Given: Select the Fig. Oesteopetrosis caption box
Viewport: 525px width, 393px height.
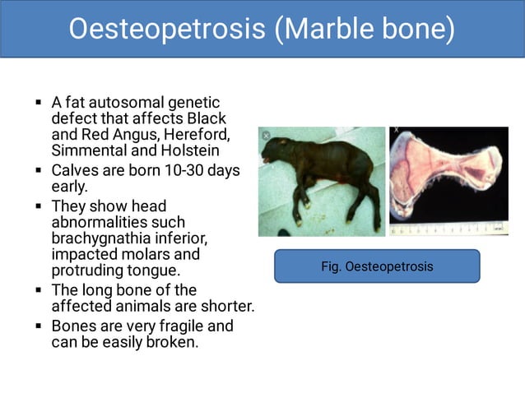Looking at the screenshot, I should [376, 266].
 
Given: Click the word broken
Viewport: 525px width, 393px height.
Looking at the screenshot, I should [170, 342].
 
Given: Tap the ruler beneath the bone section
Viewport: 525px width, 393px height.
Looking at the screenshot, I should [448, 229].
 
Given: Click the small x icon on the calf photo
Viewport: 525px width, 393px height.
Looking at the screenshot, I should [265, 135].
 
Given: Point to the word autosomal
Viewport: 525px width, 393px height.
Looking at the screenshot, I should [126, 103].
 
